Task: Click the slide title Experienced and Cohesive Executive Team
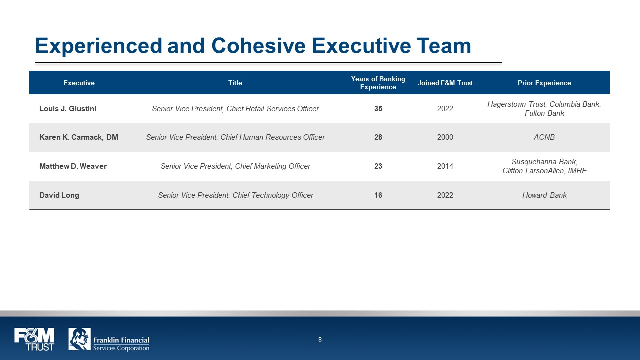[253, 46]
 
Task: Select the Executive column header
[79, 83]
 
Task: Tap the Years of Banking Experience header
[378, 83]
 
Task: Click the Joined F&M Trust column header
[445, 83]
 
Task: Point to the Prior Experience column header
[544, 83]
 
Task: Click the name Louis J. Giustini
[68, 109]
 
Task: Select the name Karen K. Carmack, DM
[79, 137]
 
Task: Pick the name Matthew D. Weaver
[73, 166]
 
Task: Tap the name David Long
[59, 195]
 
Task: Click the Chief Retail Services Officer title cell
[235, 109]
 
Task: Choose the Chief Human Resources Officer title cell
[235, 137]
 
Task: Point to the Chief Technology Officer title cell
[235, 195]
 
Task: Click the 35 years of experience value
[378, 109]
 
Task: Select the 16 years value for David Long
[378, 195]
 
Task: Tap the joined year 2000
[445, 137]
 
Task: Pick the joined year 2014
[445, 166]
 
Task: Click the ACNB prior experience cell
[544, 137]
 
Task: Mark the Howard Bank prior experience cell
[544, 195]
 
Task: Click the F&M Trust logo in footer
[34, 339]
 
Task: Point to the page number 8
[320, 340]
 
